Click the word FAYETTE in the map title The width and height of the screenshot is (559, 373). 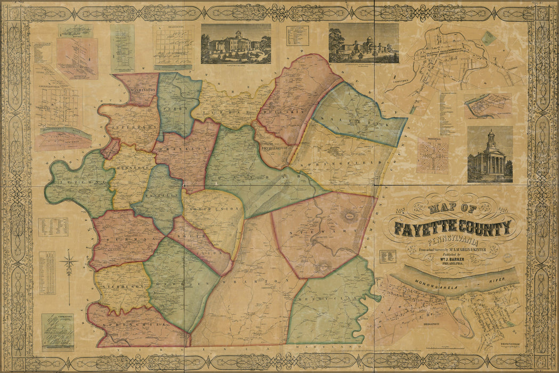tap(427, 229)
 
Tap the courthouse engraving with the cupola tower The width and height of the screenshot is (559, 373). tap(490, 155)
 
